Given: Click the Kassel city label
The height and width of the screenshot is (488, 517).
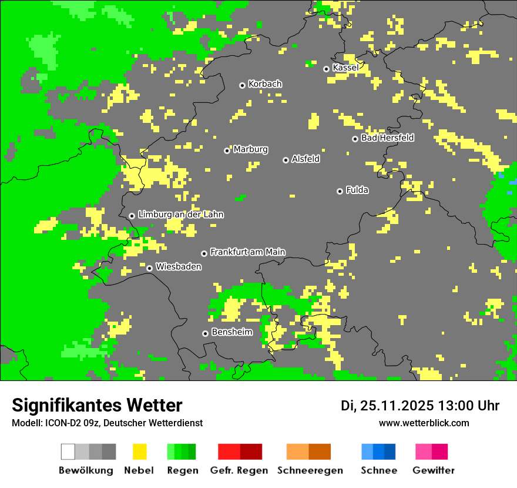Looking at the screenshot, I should click(345, 68).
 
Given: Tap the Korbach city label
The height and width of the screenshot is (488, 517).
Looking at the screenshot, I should click(265, 84).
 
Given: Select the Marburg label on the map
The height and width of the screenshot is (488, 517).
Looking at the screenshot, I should click(250, 149).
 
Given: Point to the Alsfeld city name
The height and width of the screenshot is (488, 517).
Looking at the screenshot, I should click(305, 159).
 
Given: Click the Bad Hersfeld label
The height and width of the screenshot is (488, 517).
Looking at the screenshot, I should click(387, 138).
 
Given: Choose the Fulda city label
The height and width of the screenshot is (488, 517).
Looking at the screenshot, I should click(357, 190).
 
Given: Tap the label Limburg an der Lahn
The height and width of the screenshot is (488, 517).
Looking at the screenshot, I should click(180, 215).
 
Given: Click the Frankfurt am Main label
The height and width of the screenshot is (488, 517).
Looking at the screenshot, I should click(247, 252).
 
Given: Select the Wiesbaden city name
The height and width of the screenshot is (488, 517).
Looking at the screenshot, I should click(179, 267).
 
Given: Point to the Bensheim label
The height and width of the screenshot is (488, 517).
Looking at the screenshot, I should click(232, 332).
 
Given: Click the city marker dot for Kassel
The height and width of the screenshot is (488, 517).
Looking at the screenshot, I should click(327, 69).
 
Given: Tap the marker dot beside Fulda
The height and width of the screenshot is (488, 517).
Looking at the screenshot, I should click(340, 191).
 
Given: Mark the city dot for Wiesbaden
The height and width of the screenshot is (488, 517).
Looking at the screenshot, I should click(150, 268).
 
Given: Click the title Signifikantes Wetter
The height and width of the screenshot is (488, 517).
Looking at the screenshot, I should click(97, 405).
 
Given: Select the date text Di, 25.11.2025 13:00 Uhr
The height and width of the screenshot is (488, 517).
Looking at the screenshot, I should click(420, 406).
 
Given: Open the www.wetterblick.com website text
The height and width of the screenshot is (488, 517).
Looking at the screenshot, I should click(424, 423).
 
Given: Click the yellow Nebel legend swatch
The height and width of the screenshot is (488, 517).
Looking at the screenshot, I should click(139, 452).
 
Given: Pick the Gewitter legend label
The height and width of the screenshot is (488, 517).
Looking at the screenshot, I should click(434, 470).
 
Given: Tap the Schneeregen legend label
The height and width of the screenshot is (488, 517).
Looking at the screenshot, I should click(310, 470).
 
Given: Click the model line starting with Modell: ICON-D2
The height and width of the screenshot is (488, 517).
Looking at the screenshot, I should click(107, 423).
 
